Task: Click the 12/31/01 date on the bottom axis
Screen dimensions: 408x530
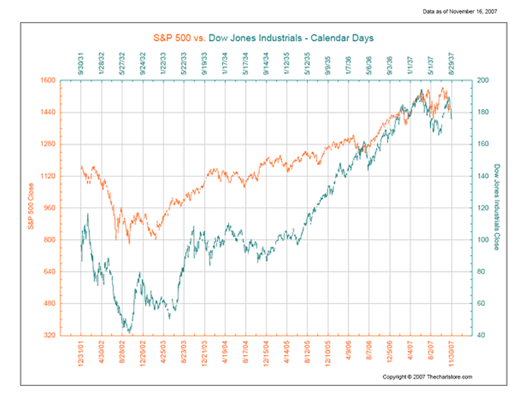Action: tap(81, 351)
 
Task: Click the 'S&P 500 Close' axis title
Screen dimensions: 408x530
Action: tap(32, 207)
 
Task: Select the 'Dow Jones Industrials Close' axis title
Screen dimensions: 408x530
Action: tap(498, 207)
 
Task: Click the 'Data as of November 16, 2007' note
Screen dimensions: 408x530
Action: tap(476, 12)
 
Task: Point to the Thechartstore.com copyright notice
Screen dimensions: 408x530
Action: tap(427, 376)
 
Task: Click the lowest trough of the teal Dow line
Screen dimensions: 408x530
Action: tap(130, 332)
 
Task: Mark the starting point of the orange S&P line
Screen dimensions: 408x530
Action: tap(81, 167)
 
